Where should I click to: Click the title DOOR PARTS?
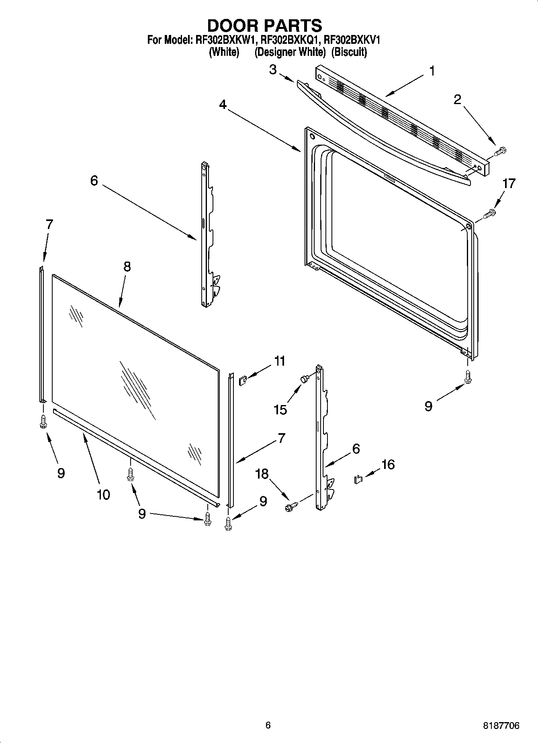point(264,25)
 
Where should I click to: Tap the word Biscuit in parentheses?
point(349,52)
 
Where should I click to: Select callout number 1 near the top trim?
point(432,71)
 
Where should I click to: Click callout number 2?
point(457,100)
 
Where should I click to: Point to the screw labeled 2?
point(500,151)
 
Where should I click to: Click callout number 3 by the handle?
point(273,70)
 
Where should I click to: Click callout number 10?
point(103,495)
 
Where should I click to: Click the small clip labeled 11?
point(242,380)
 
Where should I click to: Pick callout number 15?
point(280,409)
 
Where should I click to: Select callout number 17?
point(509,184)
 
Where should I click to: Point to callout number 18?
point(262,474)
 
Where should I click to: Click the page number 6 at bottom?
point(268,725)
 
